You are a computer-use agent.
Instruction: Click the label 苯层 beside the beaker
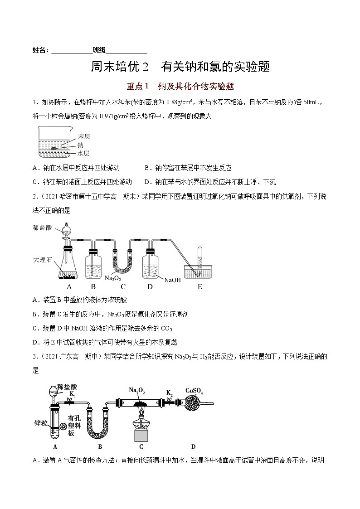[84, 136]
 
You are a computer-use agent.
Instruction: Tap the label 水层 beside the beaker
[84, 153]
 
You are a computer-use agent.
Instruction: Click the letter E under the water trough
[200, 287]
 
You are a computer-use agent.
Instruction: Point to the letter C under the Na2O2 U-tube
[123, 287]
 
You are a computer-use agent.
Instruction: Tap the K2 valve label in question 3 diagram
[169, 393]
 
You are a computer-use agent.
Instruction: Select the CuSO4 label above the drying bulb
[194, 390]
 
